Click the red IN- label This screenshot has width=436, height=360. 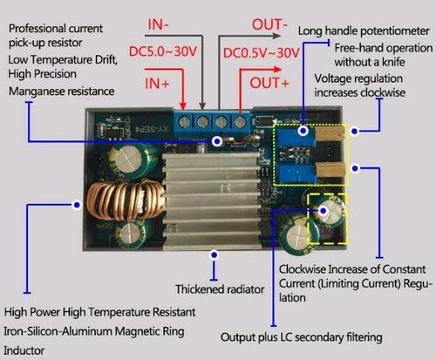(x=158, y=24)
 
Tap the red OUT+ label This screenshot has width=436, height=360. (x=269, y=83)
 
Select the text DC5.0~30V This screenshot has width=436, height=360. (x=163, y=51)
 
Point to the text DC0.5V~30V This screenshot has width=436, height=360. (x=261, y=53)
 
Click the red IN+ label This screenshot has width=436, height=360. (x=157, y=84)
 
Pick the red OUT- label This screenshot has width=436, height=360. (x=269, y=24)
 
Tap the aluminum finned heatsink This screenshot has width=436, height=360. (x=212, y=201)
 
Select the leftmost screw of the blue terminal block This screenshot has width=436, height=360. (x=183, y=122)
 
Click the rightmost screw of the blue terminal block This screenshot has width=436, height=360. (x=240, y=122)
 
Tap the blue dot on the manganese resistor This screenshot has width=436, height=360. (x=217, y=141)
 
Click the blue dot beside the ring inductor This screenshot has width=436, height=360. (x=77, y=205)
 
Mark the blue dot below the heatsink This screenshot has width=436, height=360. (x=215, y=255)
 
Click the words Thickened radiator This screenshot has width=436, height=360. (x=220, y=289)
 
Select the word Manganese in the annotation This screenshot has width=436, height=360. (x=34, y=92)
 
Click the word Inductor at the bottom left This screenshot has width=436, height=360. (x=24, y=350)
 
